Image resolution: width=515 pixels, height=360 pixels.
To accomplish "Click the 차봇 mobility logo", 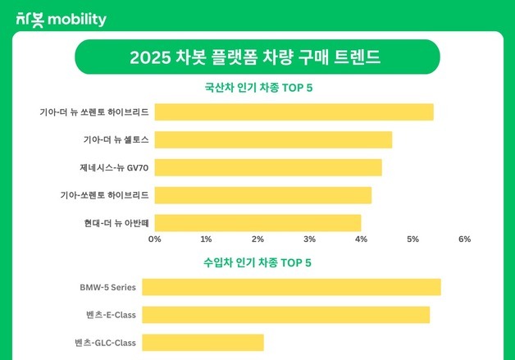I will coord(62,19).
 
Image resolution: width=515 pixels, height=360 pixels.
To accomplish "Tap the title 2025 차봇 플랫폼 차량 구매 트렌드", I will coord(257,58).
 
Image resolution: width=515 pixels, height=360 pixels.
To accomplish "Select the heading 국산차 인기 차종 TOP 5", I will coord(257,89).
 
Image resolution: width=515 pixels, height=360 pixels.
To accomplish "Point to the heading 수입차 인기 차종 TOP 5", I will coord(257,263).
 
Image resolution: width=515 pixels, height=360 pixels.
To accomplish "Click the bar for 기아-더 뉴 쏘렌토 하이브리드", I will coord(294,112).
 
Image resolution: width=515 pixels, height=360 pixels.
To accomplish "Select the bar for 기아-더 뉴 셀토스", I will coord(273,140).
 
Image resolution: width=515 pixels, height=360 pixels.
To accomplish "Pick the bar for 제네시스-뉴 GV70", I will coord(268,168).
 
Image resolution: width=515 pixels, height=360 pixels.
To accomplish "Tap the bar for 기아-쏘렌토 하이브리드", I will coord(262,195).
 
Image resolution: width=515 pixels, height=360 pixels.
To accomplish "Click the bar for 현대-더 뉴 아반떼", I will coord(257,222).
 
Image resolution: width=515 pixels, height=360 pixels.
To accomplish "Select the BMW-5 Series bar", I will coord(291,287).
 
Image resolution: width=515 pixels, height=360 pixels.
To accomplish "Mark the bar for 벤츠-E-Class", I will coord(285,315).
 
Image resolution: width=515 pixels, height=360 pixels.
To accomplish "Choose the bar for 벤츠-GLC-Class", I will coord(203,343).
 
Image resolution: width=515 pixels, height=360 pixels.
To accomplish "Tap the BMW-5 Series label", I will coord(107,287).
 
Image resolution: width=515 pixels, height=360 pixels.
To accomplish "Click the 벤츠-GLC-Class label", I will coord(104,343).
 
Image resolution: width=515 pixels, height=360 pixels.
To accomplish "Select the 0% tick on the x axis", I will coord(154,239).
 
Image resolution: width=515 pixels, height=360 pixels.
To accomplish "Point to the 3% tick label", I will coord(309,239).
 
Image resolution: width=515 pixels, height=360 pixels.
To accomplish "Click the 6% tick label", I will coord(464,239).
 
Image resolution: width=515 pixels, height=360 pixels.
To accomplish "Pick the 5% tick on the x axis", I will coord(412,239).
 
